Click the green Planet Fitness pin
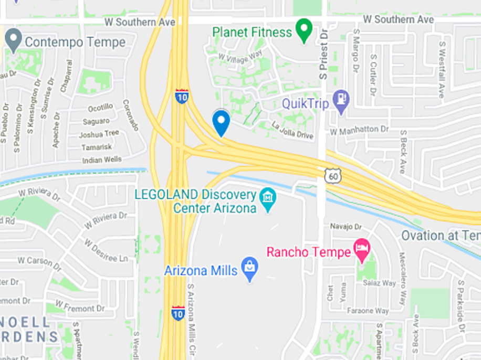[304, 30]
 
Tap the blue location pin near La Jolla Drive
[221, 123]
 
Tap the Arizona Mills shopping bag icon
[250, 269]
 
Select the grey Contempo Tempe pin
[13, 39]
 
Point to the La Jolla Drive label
[292, 130]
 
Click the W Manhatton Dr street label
[359, 128]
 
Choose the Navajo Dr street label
[347, 227]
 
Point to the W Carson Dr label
[39, 260]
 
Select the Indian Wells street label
[102, 160]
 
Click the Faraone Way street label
[368, 311]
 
